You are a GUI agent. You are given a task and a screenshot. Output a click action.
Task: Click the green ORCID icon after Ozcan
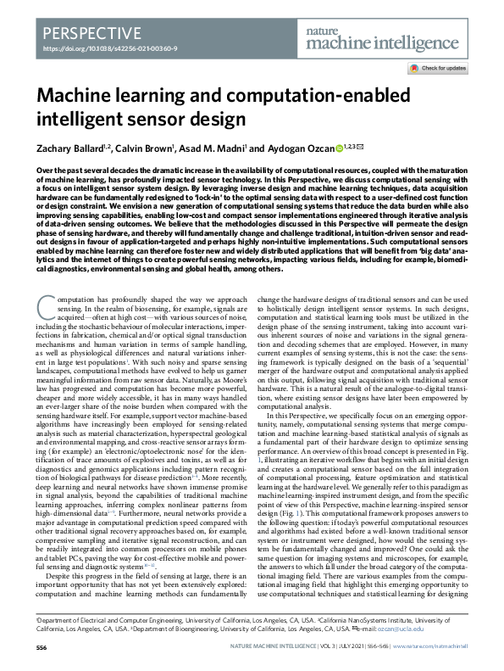click(340, 148)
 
